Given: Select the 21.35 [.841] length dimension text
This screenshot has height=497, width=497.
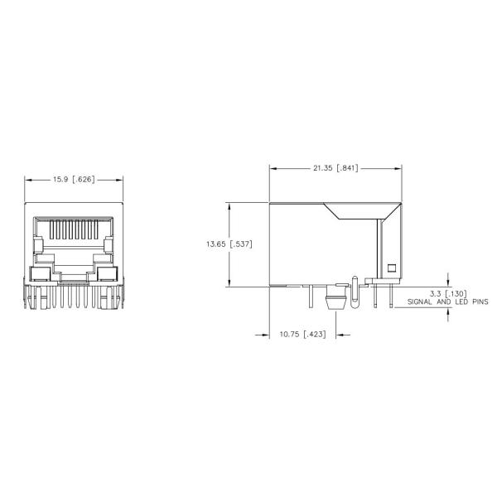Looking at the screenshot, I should coord(335,168).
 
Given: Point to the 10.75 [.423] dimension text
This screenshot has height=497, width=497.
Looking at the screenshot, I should coord(302,335).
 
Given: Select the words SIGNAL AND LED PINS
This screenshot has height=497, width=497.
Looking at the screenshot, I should coord(447,303).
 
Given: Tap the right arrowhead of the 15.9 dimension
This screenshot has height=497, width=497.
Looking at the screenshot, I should coord(121,179).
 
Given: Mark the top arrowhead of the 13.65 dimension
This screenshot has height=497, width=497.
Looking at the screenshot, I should coord(229,205).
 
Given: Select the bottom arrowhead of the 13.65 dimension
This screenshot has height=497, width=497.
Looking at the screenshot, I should coord(229,284).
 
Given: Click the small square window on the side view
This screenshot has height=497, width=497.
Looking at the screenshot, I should coord(392,268).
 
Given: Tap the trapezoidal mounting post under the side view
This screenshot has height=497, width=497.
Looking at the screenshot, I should coord(335,301).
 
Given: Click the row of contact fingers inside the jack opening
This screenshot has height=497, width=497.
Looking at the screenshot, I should coord(75,229).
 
